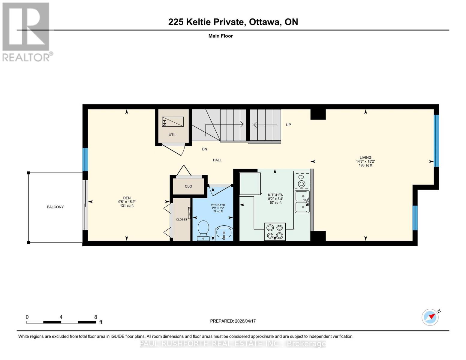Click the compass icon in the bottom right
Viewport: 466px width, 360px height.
point(430,317)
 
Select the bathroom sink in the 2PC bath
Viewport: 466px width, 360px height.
point(224,233)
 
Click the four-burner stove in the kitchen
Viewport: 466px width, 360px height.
point(275,232)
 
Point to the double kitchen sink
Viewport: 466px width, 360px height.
point(302,201)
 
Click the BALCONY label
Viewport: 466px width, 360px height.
point(55,207)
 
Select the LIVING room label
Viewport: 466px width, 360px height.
point(365,157)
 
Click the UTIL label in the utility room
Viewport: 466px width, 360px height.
point(172,135)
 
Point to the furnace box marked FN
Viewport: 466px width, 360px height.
point(173,122)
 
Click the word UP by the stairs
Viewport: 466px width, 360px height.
point(288,125)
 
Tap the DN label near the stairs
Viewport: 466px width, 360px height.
point(204,149)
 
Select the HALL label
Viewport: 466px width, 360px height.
point(217,160)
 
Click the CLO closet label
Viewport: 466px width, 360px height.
point(188,186)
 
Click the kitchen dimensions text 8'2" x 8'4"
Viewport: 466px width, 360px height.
point(275,199)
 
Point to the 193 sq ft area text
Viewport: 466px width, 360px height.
point(365,165)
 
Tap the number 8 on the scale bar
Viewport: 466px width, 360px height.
point(96,317)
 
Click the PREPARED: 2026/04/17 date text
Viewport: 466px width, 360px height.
point(233,321)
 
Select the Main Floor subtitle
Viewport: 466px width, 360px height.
point(221,36)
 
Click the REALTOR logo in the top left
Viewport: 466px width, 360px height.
point(26,31)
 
